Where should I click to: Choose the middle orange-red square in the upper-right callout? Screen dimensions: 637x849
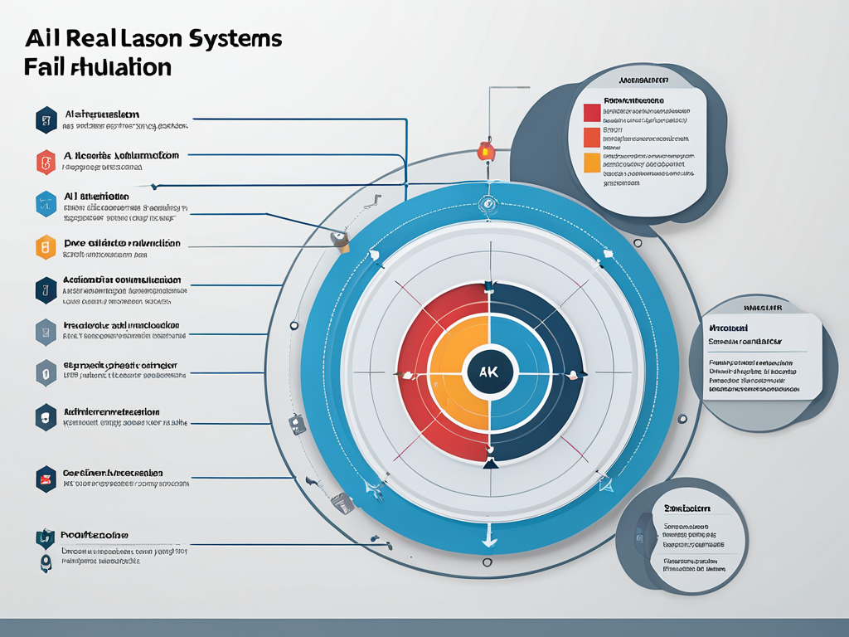point(591,137)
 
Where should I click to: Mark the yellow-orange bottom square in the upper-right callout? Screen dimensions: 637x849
point(591,162)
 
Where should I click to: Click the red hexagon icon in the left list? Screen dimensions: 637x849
point(46,163)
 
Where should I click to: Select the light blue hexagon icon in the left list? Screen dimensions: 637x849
point(46,204)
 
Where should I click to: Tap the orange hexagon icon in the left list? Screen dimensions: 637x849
point(46,247)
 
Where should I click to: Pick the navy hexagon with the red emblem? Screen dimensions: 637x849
point(46,479)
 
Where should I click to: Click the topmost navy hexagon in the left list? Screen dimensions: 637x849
point(46,120)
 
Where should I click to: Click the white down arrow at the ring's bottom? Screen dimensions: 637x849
point(489,539)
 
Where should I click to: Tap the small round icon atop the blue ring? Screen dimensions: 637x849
point(487,202)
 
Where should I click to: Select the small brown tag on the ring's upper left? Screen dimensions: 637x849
point(339,241)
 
